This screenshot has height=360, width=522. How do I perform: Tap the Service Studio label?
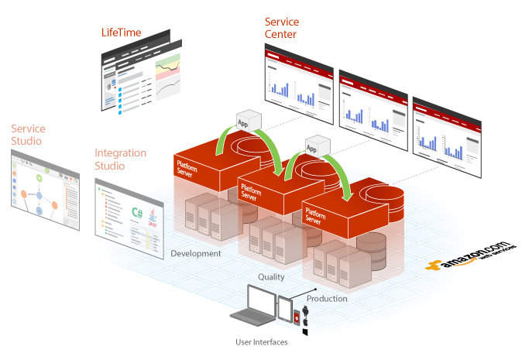point(28,135)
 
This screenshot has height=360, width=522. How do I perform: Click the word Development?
point(196,253)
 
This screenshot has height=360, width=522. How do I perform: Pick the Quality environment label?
point(271,276)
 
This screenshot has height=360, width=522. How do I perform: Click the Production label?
point(327,298)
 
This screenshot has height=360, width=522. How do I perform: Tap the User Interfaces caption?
point(261,341)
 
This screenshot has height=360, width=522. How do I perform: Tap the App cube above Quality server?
point(313,148)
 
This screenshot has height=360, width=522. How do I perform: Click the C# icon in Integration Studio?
point(137,212)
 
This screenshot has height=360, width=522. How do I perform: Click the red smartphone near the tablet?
point(297,315)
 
